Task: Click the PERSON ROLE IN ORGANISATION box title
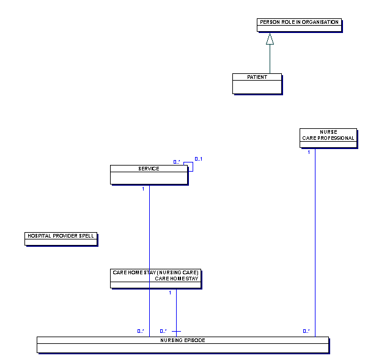pyautogui.click(x=299, y=22)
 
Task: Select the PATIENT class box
pyautogui.click(x=257, y=84)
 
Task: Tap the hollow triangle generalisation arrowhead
pyautogui.click(x=270, y=38)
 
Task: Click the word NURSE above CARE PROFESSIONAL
pyautogui.click(x=328, y=132)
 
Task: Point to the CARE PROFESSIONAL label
pyautogui.click(x=328, y=138)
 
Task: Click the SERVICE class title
pyautogui.click(x=149, y=169)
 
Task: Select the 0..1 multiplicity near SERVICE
pyautogui.click(x=199, y=159)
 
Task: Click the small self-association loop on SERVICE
pyautogui.click(x=193, y=167)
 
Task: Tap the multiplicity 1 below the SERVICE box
pyautogui.click(x=143, y=189)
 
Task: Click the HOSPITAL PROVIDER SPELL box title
pyautogui.click(x=61, y=236)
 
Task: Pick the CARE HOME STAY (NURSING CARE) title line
pyautogui.click(x=155, y=272)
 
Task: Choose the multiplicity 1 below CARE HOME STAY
pyautogui.click(x=170, y=293)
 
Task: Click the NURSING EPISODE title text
pyautogui.click(x=183, y=340)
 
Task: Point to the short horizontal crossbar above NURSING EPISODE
pyautogui.click(x=176, y=331)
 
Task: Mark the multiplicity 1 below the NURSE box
pyautogui.click(x=309, y=152)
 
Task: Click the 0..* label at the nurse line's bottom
pyautogui.click(x=306, y=331)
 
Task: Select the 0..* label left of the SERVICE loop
pyautogui.click(x=177, y=162)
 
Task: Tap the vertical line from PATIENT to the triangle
pyautogui.click(x=270, y=59)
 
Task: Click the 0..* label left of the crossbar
pyautogui.click(x=163, y=331)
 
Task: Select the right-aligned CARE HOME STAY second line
pyautogui.click(x=177, y=279)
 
